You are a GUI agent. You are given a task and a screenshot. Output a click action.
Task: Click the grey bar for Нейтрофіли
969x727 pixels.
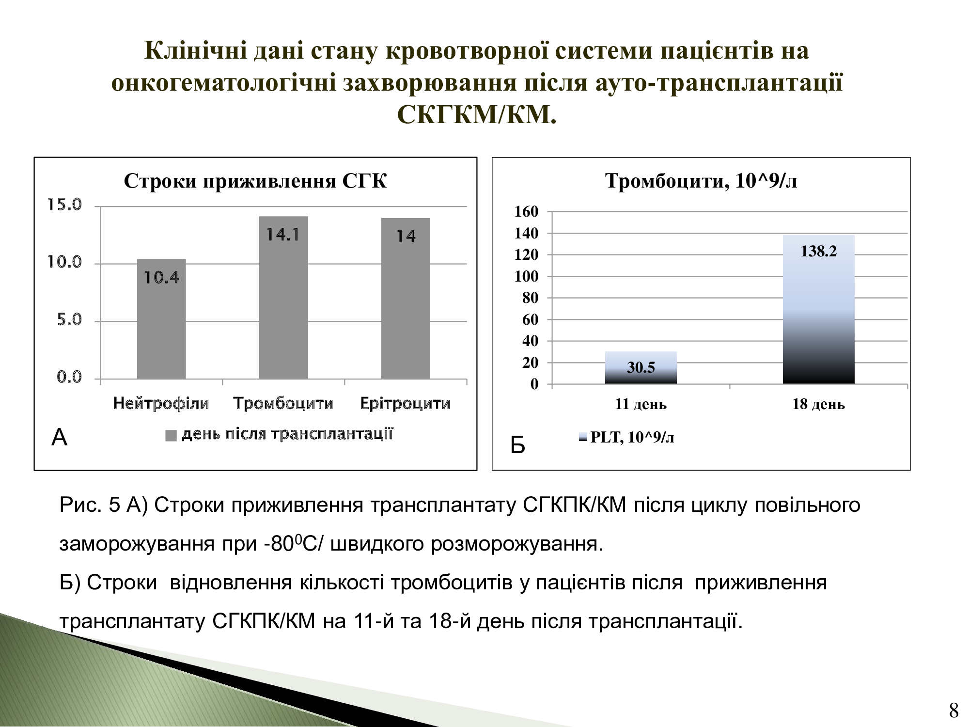click(161, 319)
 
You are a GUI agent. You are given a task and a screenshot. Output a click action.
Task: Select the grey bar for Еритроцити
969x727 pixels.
click(406, 299)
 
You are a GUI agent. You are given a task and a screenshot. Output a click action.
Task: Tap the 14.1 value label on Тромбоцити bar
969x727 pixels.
click(283, 235)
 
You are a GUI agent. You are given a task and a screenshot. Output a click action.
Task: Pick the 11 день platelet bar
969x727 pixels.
click(641, 368)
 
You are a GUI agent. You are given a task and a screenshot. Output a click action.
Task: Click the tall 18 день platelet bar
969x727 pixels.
click(819, 310)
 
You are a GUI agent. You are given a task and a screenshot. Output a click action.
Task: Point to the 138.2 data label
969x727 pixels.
click(819, 251)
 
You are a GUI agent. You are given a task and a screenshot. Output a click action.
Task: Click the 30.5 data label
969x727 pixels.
click(641, 367)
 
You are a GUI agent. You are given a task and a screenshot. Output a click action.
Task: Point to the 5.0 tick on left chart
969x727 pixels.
click(70, 320)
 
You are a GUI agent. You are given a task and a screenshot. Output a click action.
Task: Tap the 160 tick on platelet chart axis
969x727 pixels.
click(526, 211)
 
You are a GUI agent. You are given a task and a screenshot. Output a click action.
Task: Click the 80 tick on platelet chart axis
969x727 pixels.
click(531, 298)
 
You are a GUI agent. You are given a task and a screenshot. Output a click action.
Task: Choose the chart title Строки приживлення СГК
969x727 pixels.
click(255, 181)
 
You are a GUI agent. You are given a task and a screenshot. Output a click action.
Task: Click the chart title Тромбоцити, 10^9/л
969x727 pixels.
click(701, 181)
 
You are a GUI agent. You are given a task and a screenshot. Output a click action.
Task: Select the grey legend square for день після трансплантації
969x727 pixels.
click(172, 435)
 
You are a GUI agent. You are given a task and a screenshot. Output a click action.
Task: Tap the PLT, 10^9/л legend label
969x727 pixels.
click(632, 438)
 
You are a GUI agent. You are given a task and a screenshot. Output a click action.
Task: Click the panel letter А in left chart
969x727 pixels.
click(59, 438)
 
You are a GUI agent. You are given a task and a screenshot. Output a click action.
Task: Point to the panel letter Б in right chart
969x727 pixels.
click(518, 445)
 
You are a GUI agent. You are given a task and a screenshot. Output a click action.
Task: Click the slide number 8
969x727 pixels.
click(953, 711)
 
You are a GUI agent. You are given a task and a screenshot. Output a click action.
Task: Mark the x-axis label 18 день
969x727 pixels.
click(819, 404)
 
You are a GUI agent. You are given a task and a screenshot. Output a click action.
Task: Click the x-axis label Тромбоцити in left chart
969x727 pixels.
click(283, 403)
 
